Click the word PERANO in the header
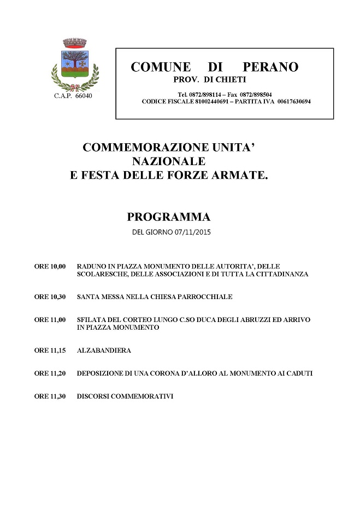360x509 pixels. [270, 67]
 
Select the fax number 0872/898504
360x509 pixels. [257, 94]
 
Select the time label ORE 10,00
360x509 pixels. [50, 266]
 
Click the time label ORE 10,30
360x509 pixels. [50, 297]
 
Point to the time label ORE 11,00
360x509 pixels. [50, 319]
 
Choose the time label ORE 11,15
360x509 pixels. [50, 350]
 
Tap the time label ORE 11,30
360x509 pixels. [50, 396]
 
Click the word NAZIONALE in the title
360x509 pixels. [168, 162]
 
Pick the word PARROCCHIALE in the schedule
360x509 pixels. [206, 297]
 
